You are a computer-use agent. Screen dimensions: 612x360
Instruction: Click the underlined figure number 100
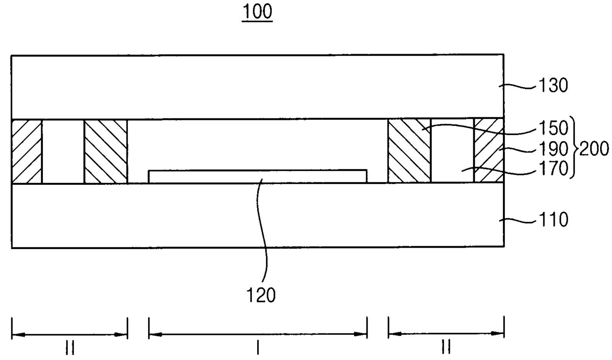(x=257, y=12)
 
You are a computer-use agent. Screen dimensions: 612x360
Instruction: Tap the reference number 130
(x=553, y=85)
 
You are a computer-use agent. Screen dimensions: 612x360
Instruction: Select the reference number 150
(x=553, y=128)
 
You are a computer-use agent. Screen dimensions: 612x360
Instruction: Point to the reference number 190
(x=553, y=149)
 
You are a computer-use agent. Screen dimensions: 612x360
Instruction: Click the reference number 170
(x=553, y=168)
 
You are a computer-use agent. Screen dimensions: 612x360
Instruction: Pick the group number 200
(x=594, y=149)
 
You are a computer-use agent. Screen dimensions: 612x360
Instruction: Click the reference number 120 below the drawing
(x=261, y=295)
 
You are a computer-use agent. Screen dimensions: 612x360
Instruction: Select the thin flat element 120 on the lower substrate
(x=257, y=177)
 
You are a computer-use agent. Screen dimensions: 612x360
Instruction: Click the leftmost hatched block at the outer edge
(x=27, y=151)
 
